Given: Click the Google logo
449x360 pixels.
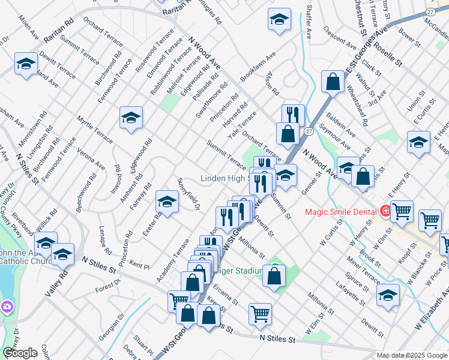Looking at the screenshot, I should pos(20,353).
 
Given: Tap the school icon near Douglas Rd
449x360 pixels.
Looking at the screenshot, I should pos(279,20).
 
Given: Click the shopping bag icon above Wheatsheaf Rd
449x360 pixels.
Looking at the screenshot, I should pos(333,83).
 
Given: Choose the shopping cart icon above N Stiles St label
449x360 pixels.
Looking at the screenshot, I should pos(260,313).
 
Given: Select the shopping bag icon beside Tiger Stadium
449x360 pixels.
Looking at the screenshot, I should pos(274,276).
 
